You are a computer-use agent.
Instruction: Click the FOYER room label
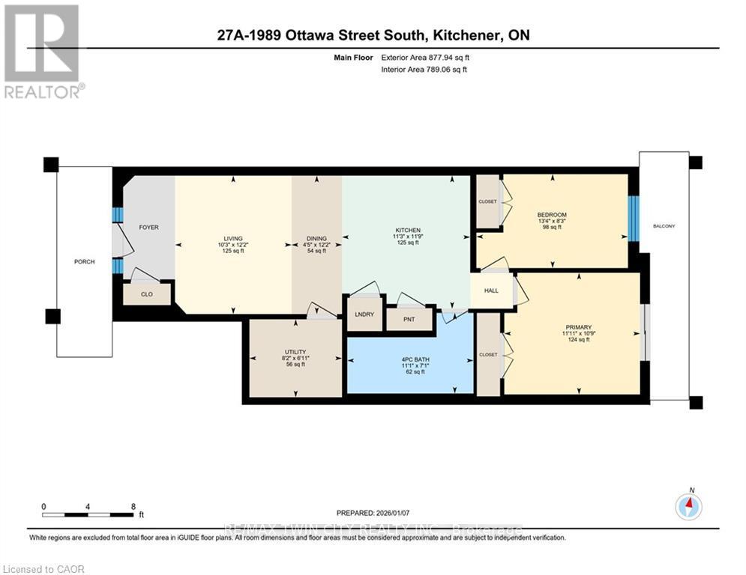click(148, 227)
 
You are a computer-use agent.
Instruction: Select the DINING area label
click(316, 238)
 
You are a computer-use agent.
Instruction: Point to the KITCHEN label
click(408, 230)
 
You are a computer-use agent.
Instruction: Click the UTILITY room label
click(294, 352)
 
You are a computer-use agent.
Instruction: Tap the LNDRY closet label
click(364, 314)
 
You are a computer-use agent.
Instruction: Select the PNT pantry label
click(409, 320)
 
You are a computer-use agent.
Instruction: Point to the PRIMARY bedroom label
click(578, 327)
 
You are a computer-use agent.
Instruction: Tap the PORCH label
click(84, 261)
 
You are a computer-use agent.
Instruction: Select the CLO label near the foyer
click(147, 294)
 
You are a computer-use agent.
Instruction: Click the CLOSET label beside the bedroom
click(487, 201)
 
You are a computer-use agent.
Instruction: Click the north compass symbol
click(688, 507)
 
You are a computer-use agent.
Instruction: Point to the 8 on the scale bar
click(133, 506)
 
